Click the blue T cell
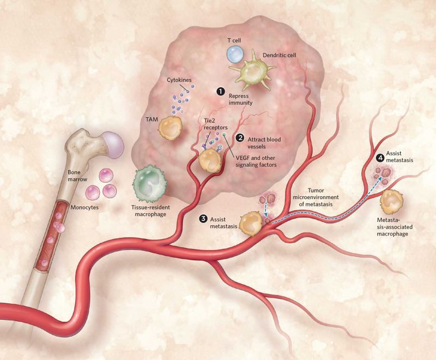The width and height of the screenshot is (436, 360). coord(237,55)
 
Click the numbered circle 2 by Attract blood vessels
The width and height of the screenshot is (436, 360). coord(239,139)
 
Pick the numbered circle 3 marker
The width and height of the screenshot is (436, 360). coord(203,219)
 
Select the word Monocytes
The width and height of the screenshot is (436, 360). coord(87,208)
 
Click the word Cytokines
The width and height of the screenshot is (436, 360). coord(179,80)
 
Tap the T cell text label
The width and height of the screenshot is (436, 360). coord(235,40)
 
